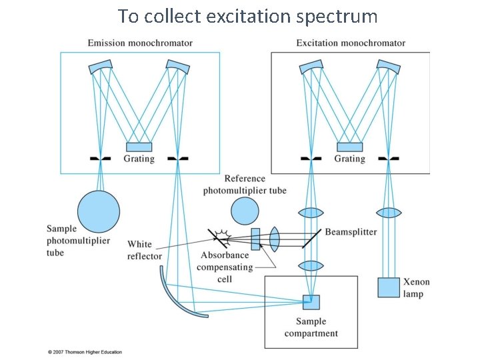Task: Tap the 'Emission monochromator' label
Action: coord(140,43)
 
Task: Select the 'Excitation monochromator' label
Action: coord(351,43)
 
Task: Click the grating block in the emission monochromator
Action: coord(139,147)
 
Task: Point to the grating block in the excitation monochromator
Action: coord(349,147)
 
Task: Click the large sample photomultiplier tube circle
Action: coord(99,211)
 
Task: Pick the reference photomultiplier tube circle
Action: coord(245,211)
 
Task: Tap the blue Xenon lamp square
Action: coord(388,287)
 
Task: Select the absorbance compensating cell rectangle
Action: coord(255,239)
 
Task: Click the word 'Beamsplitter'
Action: coord(351,232)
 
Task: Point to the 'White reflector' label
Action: coord(144,250)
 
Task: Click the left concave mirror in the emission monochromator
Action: coord(100,67)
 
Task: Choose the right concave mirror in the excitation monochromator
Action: coord(388,67)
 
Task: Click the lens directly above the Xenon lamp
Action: coord(388,213)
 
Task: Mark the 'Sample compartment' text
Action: coord(311,327)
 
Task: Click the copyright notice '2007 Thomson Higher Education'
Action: coord(85,352)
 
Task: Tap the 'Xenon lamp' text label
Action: coord(417,287)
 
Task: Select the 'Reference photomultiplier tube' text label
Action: coord(245,185)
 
